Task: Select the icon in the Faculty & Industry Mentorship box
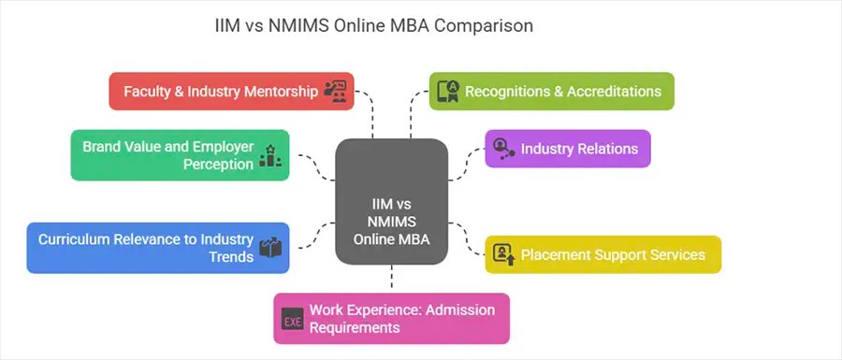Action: coord(335,91)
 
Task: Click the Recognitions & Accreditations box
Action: coord(551,91)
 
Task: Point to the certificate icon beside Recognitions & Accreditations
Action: coord(449,91)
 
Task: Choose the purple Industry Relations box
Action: coord(567,149)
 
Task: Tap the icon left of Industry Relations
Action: coord(503,149)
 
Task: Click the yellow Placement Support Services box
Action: coord(602,254)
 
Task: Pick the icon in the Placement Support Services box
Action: coord(503,254)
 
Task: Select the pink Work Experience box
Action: coord(391,318)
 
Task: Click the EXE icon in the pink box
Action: coord(293,319)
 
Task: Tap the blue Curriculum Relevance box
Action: coord(157,248)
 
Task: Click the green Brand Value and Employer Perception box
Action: coord(181,155)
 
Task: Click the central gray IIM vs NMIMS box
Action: coord(391,200)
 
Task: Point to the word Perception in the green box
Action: coord(217,164)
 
